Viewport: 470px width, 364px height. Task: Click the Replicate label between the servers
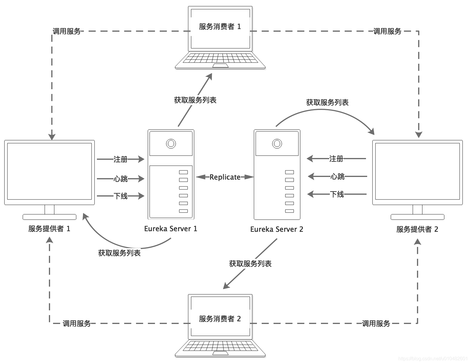pos(225,177)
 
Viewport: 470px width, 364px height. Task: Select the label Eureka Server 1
pos(170,229)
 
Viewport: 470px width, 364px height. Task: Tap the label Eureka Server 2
pos(276,229)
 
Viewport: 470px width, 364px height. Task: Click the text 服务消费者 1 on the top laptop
pos(220,27)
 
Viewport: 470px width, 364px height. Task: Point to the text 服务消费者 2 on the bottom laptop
pos(220,319)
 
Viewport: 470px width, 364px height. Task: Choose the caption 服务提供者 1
pos(49,229)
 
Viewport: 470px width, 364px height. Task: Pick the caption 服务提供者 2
pos(417,229)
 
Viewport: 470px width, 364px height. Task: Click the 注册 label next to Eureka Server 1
pos(120,159)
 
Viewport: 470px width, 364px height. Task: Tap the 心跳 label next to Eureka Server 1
pos(120,179)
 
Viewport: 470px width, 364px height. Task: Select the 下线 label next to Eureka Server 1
pos(121,196)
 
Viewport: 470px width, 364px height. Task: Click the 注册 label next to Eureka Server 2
pos(336,159)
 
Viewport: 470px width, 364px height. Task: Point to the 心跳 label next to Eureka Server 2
pos(338,177)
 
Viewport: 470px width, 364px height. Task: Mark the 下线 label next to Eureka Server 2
pos(337,194)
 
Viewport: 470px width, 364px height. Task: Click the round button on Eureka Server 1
pos(171,144)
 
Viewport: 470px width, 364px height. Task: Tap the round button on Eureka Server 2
pos(277,144)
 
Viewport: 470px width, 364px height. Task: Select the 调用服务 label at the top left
pos(67,31)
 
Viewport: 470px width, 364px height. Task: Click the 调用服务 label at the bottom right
pos(376,324)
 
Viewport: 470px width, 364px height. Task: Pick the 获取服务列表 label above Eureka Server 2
pos(327,103)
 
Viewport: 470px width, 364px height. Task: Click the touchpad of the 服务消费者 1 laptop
pos(220,65)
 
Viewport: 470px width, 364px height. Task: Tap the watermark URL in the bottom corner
pos(433,359)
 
